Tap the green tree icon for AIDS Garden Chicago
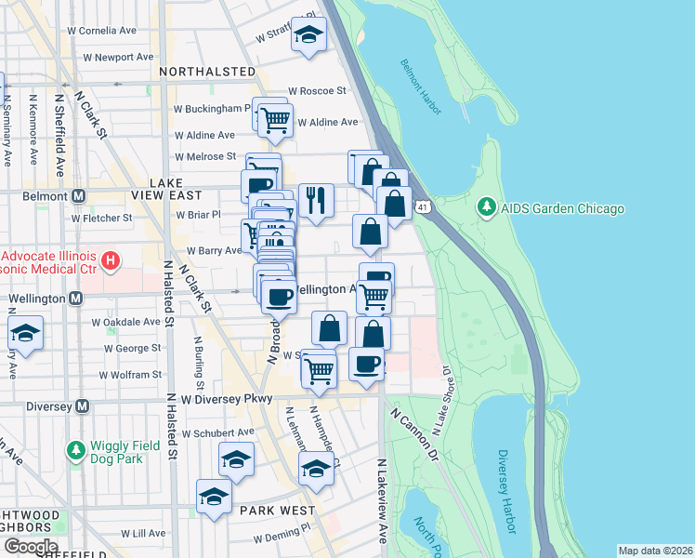[484, 207]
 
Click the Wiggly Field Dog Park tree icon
[76, 451]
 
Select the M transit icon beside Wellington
[77, 299]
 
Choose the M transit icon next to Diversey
[83, 405]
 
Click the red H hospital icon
[110, 258]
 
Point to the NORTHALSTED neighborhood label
[206, 72]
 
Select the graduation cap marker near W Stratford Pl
[308, 34]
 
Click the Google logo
[30, 546]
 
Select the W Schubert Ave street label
[217, 433]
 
